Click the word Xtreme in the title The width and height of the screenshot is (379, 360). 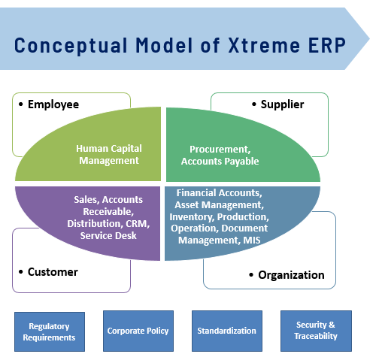(264, 45)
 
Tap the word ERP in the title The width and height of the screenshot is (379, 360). (327, 45)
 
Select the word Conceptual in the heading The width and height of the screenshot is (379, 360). (71, 46)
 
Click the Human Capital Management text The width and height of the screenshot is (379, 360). (109, 155)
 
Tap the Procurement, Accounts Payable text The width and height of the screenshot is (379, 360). (220, 156)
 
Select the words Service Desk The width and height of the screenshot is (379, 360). (108, 236)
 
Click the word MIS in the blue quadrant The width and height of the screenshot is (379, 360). (252, 241)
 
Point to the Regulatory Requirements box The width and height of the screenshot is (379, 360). (50, 331)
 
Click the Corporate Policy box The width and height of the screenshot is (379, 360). (138, 331)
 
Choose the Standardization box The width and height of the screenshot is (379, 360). (227, 331)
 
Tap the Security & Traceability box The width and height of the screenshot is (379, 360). (316, 331)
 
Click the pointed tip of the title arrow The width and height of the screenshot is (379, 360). (369, 39)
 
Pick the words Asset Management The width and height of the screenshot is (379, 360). (220, 205)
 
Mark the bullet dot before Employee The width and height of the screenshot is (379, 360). (21, 104)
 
